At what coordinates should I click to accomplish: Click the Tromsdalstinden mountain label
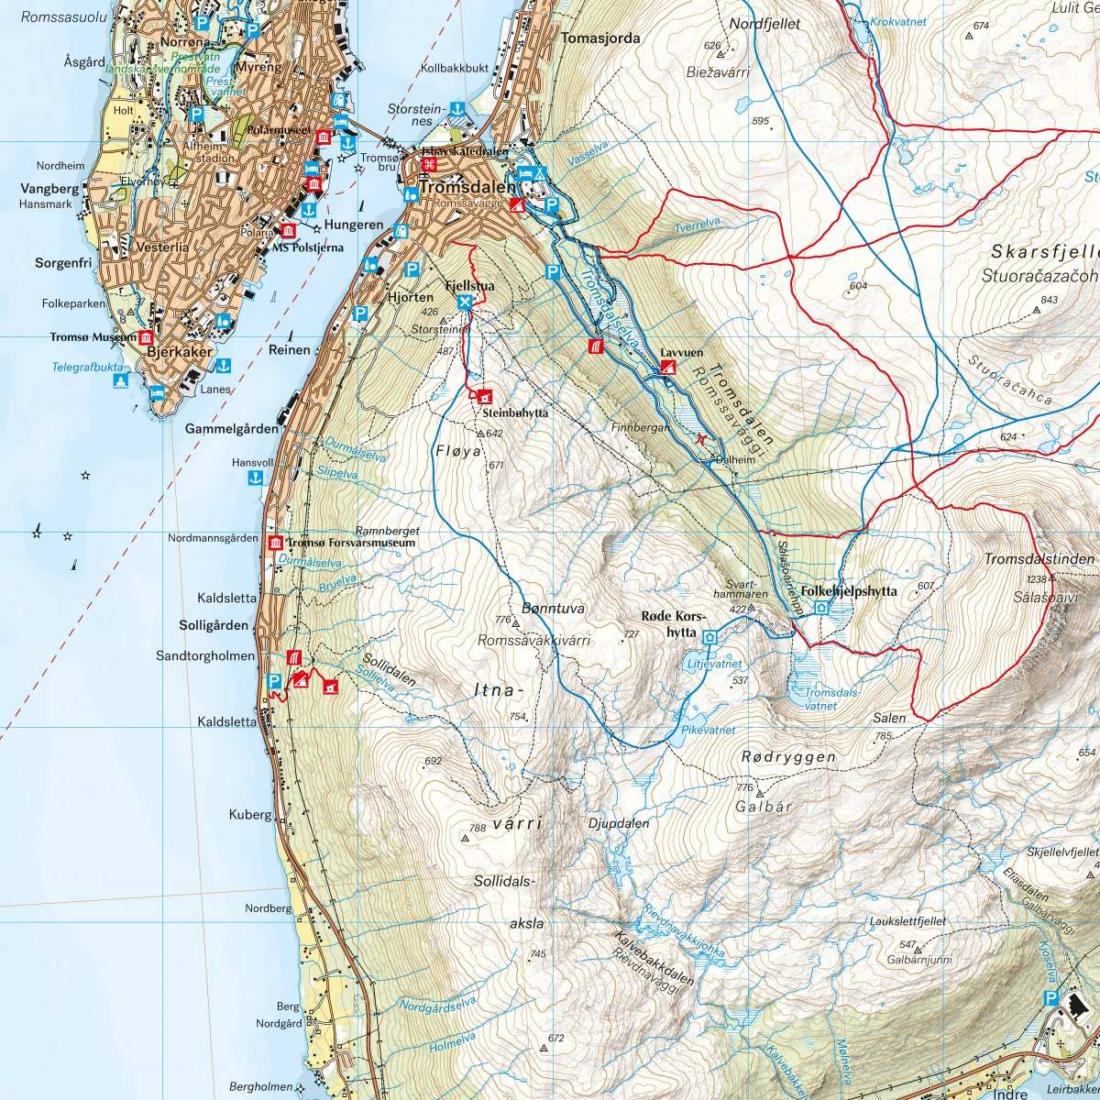click(x=1039, y=559)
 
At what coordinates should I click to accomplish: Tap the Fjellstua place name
click(x=468, y=286)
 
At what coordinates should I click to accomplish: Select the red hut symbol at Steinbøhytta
click(x=484, y=396)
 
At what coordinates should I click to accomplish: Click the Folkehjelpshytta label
click(x=849, y=591)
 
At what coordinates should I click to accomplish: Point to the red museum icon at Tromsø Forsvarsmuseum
click(x=275, y=543)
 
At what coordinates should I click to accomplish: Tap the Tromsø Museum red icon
click(x=145, y=337)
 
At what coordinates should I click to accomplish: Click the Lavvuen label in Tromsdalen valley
click(x=680, y=351)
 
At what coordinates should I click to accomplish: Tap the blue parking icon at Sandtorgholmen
click(x=273, y=681)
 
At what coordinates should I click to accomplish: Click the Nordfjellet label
click(x=766, y=24)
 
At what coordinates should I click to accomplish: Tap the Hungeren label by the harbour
click(x=354, y=225)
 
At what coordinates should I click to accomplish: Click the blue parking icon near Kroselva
click(x=1050, y=998)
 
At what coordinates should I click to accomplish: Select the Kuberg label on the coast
click(x=250, y=814)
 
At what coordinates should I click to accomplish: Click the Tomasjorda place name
click(x=600, y=38)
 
